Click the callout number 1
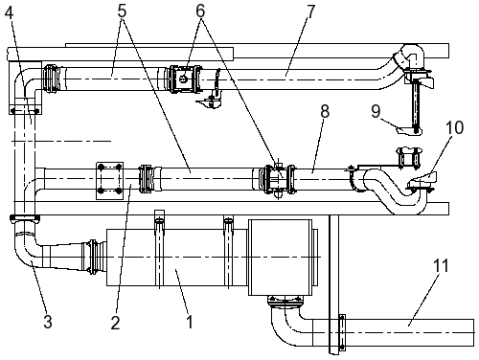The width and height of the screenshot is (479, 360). coord(190,321)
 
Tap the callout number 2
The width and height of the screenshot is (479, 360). coord(115,322)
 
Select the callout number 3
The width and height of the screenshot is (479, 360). coord(48,322)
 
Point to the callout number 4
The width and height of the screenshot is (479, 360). coord(10,13)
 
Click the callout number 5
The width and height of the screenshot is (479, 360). coord(122,11)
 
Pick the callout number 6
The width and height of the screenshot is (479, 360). coord(200,11)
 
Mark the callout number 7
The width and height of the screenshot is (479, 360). coord(310,11)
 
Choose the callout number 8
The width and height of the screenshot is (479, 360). coord(325,111)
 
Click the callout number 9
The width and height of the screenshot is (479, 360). coord(376,111)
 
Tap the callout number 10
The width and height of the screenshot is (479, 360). coord(455,127)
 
